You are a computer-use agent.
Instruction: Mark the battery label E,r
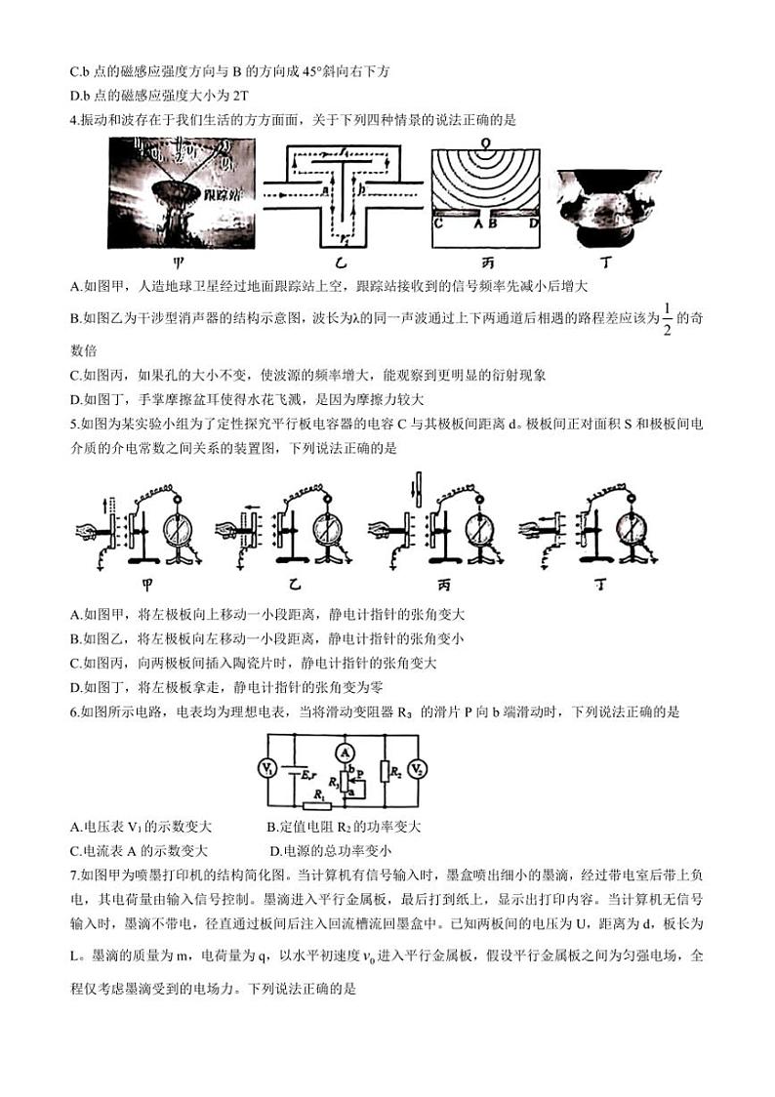click(x=308, y=771)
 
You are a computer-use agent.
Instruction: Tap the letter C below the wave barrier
click(x=437, y=223)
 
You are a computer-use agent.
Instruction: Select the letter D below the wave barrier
click(x=532, y=223)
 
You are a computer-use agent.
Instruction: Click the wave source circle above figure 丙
click(x=485, y=142)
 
